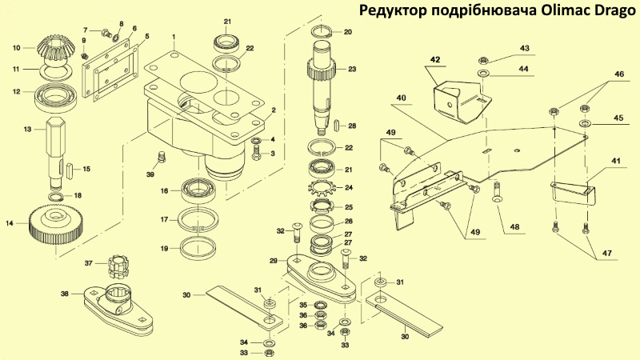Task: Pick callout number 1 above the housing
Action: tap(173, 36)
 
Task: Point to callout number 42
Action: tap(435, 60)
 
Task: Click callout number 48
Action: tap(514, 227)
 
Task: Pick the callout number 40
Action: tap(400, 98)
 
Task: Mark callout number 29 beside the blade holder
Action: tap(274, 261)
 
